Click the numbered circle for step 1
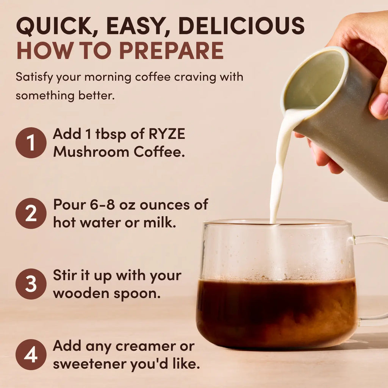pyautogui.click(x=31, y=143)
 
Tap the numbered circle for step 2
pyautogui.click(x=31, y=213)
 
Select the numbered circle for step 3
pyautogui.click(x=31, y=284)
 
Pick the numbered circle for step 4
pyautogui.click(x=31, y=355)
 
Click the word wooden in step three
pyautogui.click(x=77, y=293)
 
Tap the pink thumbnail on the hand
pyautogui.click(x=379, y=105)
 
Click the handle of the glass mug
pyautogui.click(x=373, y=280)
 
